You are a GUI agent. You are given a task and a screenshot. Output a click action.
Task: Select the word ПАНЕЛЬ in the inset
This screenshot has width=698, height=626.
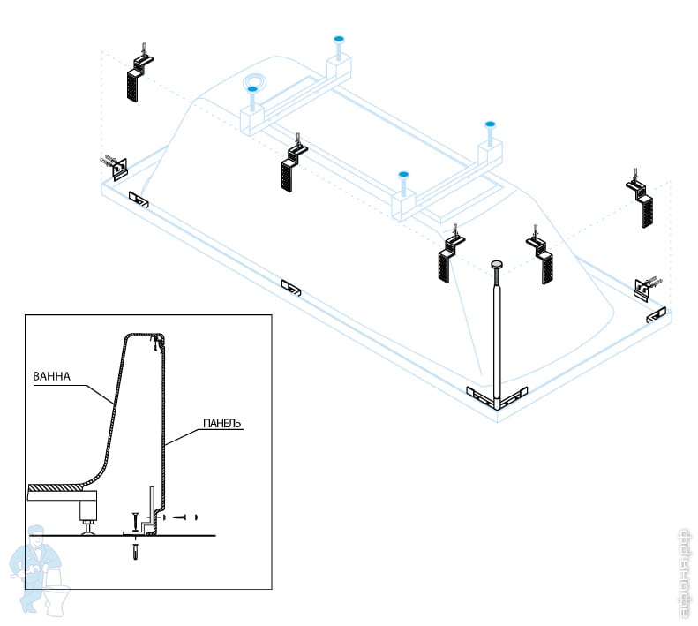tap(221, 425)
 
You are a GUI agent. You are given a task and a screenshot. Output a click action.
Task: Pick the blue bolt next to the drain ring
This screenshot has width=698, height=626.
tap(253, 90)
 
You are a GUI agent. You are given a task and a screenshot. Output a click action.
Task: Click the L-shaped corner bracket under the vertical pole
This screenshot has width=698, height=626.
tap(497, 396)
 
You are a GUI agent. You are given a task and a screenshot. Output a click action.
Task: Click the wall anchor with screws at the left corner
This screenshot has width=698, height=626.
tap(115, 164)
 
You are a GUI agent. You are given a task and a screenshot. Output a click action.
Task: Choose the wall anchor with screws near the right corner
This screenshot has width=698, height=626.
tap(646, 288)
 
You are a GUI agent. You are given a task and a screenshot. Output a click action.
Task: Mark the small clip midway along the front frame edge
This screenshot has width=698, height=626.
tap(290, 286)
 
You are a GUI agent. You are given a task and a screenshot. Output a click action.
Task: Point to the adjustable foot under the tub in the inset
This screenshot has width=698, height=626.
tap(89, 515)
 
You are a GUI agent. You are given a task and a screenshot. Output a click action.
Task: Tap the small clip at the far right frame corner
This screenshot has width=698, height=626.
tap(656, 315)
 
